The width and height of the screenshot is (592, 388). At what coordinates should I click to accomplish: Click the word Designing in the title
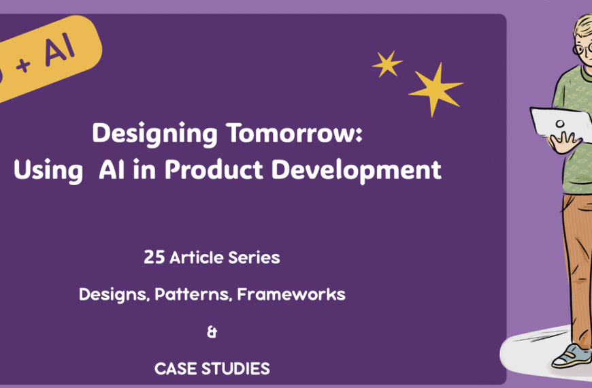[x=147, y=133]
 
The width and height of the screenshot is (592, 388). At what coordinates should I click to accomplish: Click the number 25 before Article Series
[x=154, y=258]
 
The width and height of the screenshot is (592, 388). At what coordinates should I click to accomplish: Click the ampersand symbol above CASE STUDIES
[x=212, y=332]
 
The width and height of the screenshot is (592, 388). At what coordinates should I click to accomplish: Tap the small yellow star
[x=387, y=64]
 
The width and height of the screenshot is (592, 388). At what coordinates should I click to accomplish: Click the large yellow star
[x=435, y=88]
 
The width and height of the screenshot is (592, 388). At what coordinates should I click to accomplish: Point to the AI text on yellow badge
[x=59, y=49]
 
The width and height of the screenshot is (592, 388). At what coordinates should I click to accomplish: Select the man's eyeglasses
[x=583, y=49]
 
